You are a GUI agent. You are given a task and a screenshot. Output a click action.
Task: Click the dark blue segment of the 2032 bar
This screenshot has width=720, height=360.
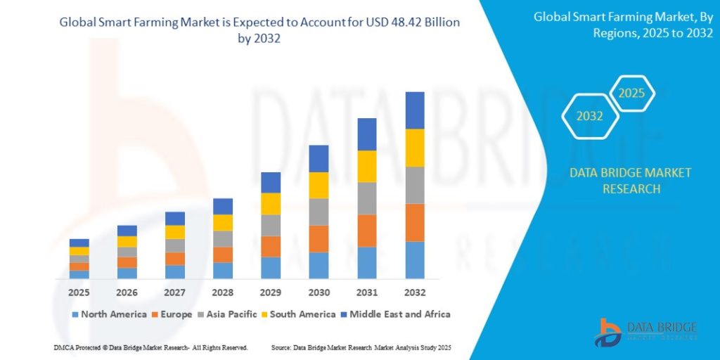(x=415, y=110)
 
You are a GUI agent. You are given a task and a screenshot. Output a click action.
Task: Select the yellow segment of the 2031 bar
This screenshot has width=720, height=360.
(x=367, y=167)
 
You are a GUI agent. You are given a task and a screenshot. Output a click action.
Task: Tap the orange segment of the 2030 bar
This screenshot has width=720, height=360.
(x=319, y=239)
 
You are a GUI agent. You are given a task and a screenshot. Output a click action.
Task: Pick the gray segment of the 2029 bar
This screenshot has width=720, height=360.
(x=271, y=225)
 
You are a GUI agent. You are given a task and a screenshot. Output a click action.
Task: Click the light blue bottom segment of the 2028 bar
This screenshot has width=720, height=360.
(x=223, y=271)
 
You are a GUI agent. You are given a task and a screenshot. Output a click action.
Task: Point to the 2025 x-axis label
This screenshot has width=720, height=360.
(x=79, y=292)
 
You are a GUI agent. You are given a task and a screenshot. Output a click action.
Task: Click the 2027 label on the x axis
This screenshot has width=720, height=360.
(x=175, y=292)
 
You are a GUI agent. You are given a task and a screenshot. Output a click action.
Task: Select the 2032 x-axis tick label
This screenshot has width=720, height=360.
(x=415, y=292)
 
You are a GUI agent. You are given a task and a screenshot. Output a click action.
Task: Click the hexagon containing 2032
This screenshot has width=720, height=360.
(x=590, y=116)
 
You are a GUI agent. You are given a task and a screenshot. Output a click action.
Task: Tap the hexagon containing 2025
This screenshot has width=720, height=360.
(x=631, y=94)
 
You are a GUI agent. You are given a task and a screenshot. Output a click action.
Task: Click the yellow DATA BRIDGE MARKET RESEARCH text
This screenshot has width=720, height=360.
(x=620, y=181)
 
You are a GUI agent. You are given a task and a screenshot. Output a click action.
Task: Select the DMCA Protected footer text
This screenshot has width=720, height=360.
(x=150, y=348)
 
